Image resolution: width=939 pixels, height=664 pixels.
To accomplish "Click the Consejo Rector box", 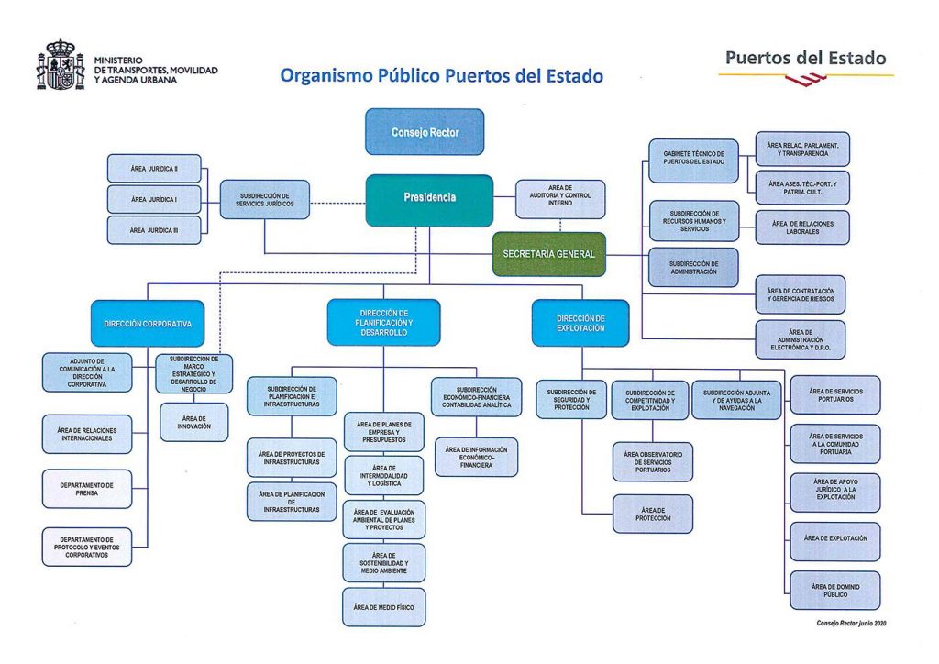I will pyautogui.click(x=425, y=132).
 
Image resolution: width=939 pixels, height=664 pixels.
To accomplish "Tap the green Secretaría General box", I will pyautogui.click(x=549, y=254).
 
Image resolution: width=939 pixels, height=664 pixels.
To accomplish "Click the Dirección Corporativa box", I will pyautogui.click(x=147, y=324).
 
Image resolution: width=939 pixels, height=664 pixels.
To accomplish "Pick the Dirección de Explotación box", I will pyautogui.click(x=580, y=323).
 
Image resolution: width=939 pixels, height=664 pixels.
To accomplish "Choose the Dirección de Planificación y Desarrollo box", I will pyautogui.click(x=383, y=322).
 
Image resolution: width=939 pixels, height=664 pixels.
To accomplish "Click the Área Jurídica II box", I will pyautogui.click(x=154, y=169).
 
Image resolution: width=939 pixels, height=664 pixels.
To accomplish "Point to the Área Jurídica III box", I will pyautogui.click(x=154, y=230).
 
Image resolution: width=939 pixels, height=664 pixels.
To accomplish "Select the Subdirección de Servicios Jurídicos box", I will pyautogui.click(x=265, y=199).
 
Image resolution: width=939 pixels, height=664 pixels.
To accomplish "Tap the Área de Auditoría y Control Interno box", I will pyautogui.click(x=560, y=199).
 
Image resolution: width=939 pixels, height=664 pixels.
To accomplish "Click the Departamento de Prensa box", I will pyautogui.click(x=87, y=489).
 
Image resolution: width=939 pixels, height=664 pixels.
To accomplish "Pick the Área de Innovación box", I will pyautogui.click(x=193, y=422).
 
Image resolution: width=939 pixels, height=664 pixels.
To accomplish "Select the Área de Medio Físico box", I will pyautogui.click(x=383, y=607).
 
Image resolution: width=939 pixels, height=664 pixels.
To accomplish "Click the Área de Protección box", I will pyautogui.click(x=653, y=514).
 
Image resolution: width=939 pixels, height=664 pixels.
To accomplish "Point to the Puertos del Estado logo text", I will pyautogui.click(x=805, y=59).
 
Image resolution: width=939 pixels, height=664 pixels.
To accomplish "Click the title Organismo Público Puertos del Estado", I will pyautogui.click(x=441, y=76).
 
